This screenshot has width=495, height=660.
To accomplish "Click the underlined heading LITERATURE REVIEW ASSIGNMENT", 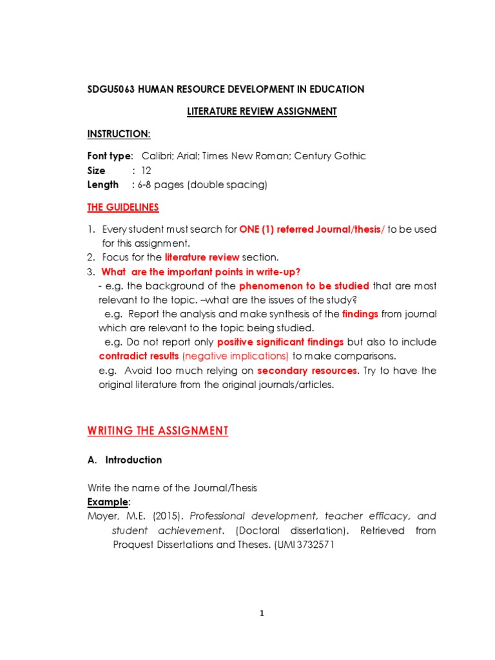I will tap(262, 112).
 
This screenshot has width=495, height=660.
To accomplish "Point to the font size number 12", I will tap(146, 171).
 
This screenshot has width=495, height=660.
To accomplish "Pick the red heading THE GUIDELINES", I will tap(123, 208).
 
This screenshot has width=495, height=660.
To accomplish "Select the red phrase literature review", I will tap(202, 257).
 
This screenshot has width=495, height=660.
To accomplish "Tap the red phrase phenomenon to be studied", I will tap(304, 286).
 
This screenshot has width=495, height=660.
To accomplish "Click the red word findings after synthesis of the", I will tap(360, 314).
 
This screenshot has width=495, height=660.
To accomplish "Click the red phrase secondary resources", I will tap(307, 371).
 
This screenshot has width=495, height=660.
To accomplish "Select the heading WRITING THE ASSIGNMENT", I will tap(158, 431).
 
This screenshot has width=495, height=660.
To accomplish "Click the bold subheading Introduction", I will tap(133, 460).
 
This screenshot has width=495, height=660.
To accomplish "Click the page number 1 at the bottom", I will tap(262, 614).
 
